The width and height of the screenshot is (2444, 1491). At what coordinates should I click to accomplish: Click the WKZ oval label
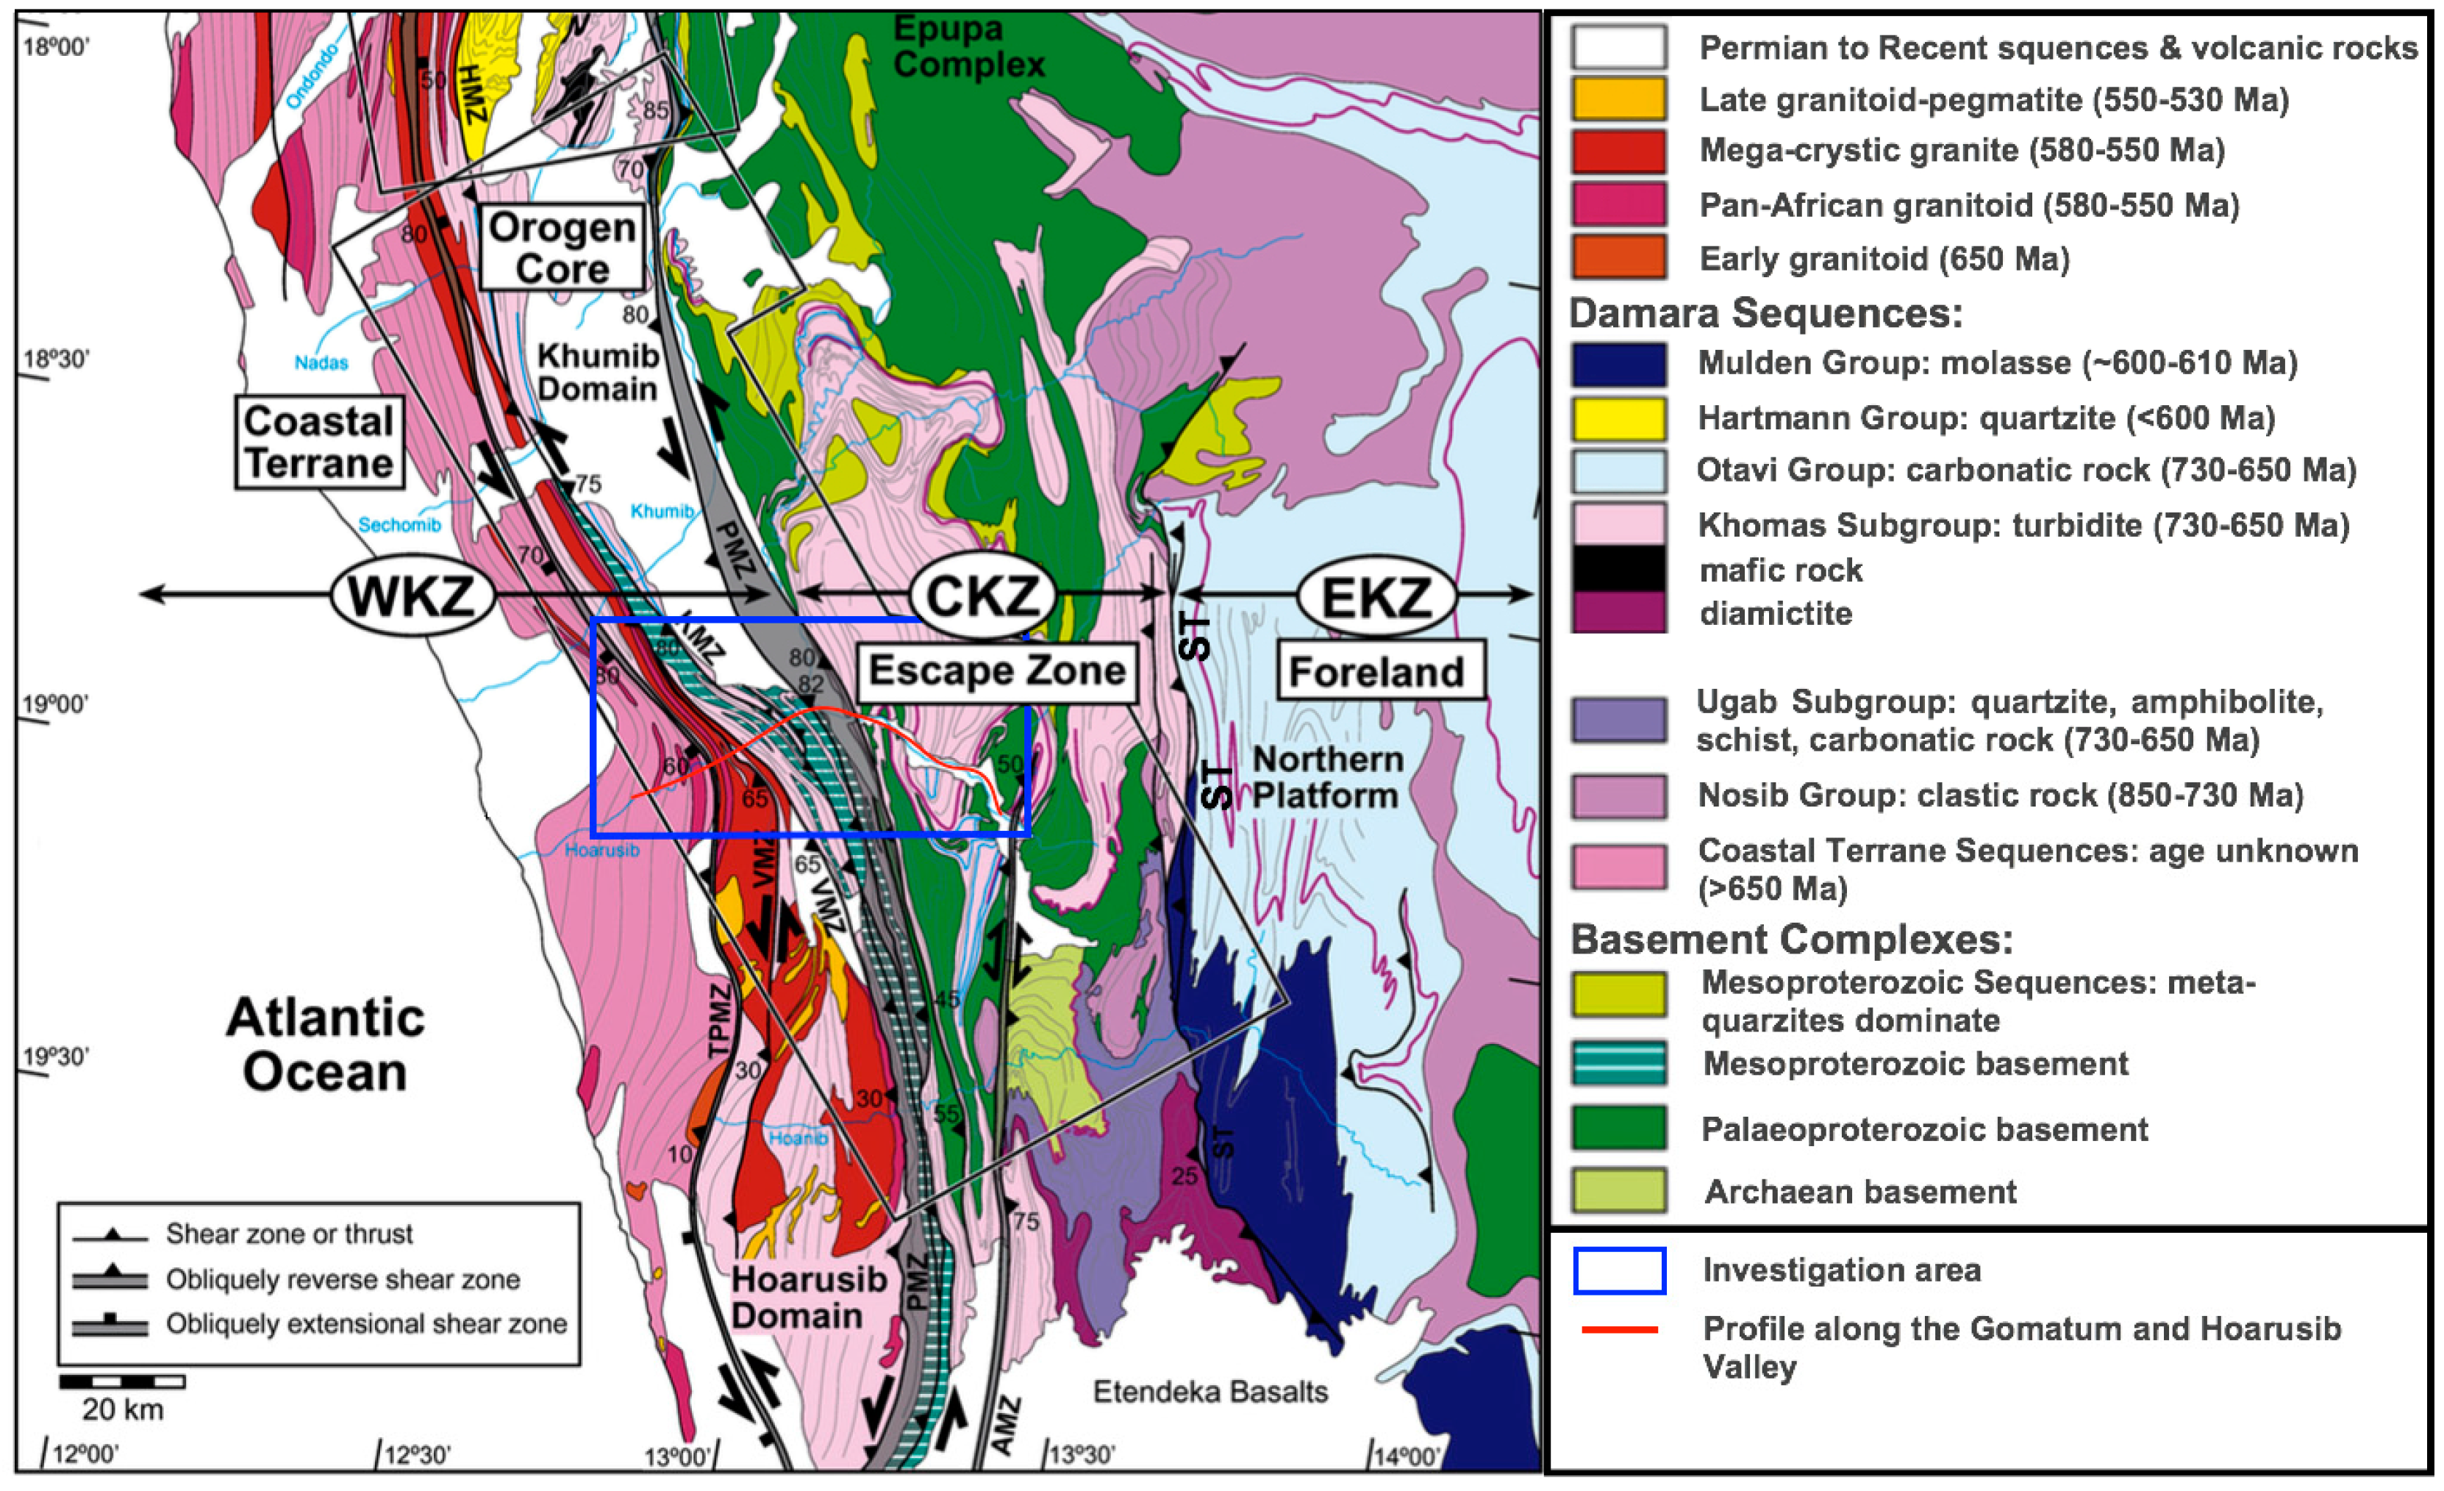412,596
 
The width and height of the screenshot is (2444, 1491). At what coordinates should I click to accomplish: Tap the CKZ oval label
982,596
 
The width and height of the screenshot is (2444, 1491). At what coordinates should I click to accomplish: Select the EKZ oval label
1376,596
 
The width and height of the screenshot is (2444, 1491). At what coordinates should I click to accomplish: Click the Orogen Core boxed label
562,248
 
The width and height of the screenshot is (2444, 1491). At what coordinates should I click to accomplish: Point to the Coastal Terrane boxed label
319,443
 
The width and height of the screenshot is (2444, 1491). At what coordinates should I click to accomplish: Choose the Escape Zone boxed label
997,671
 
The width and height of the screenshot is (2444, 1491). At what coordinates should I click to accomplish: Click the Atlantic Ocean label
325,1045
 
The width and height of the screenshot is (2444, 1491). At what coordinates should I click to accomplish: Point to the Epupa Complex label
968,46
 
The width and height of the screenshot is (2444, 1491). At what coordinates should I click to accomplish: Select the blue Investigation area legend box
1619,1270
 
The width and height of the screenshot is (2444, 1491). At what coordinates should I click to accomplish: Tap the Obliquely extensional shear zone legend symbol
110,1324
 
